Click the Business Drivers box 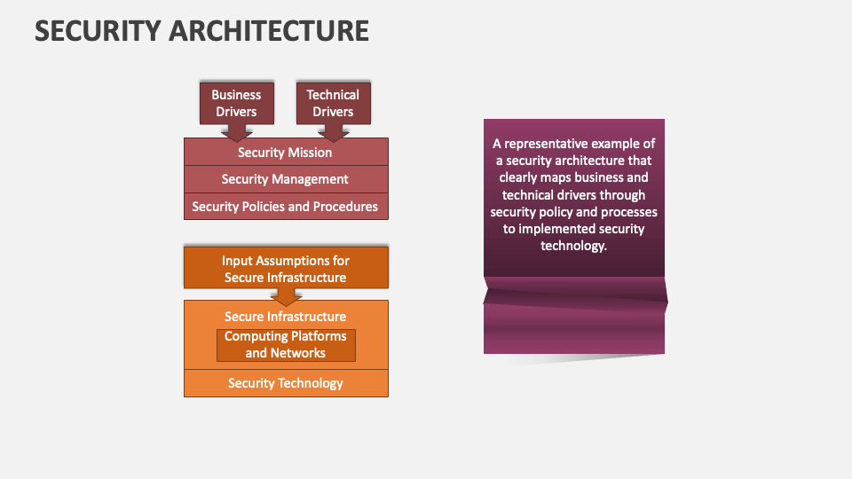[236, 103]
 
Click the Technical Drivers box [333, 103]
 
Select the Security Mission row [285, 153]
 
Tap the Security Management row [285, 179]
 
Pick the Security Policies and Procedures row [285, 207]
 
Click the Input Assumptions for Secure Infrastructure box [286, 269]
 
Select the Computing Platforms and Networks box [286, 345]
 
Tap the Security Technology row [285, 383]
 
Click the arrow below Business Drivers [236, 132]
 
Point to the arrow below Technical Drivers [333, 132]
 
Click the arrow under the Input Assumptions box [286, 297]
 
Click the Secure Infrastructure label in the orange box [285, 317]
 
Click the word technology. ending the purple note [573, 246]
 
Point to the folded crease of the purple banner [574, 292]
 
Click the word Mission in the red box [310, 153]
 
